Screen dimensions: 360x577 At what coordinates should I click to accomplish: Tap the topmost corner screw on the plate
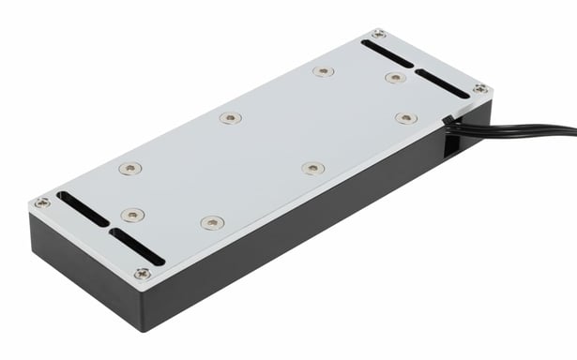pyautogui.click(x=377, y=35)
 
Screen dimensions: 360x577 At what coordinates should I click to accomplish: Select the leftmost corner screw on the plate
pyautogui.click(x=42, y=202)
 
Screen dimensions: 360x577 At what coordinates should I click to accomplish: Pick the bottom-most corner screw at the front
pyautogui.click(x=142, y=274)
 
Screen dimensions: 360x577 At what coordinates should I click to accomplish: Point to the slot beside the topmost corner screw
pyautogui.click(x=386, y=53)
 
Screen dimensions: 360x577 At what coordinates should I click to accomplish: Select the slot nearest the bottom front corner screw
pyautogui.click(x=137, y=246)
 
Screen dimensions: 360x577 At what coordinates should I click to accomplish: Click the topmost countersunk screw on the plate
pyautogui.click(x=324, y=71)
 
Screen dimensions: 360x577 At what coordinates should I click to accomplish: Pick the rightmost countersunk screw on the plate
pyautogui.click(x=405, y=118)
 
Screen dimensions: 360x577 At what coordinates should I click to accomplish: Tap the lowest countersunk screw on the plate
pyautogui.click(x=212, y=223)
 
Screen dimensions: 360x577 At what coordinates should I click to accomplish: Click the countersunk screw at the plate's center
pyautogui.click(x=230, y=118)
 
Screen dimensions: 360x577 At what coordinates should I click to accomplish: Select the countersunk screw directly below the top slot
pyautogui.click(x=394, y=78)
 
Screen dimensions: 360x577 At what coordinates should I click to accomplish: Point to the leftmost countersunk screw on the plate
pyautogui.click(x=129, y=169)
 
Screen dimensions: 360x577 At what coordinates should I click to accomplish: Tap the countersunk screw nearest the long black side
pyautogui.click(x=312, y=168)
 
